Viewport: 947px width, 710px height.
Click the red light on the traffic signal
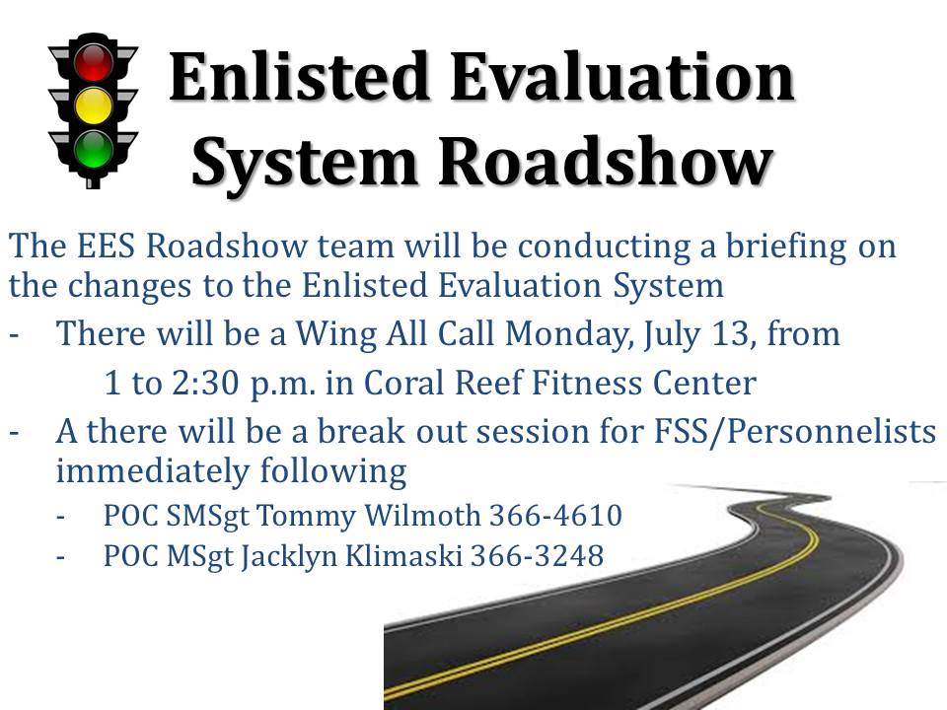tap(95, 61)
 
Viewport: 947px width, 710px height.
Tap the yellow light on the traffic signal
tap(95, 105)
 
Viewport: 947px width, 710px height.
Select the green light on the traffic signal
tap(95, 148)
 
